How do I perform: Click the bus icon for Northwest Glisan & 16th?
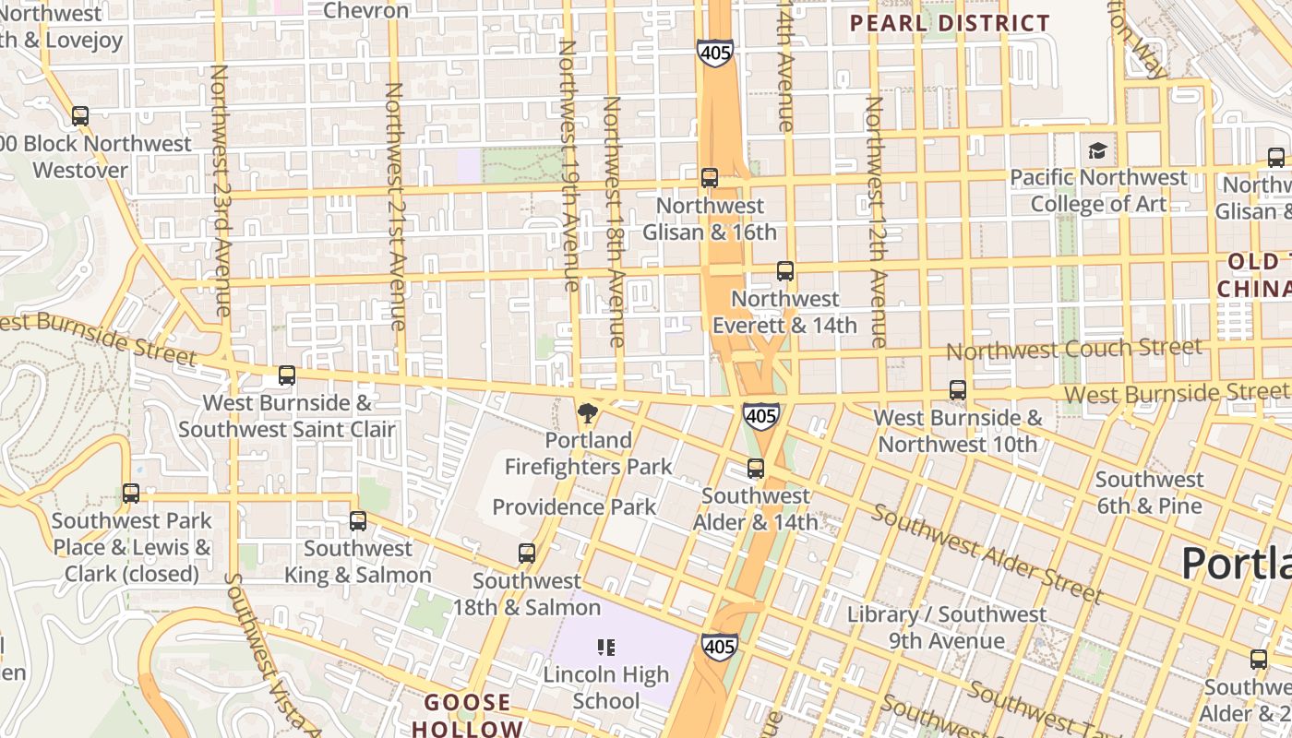tap(710, 178)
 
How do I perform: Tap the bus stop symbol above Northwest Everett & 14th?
tap(785, 271)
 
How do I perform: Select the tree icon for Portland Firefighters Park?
tap(587, 412)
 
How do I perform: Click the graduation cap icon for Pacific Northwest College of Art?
tap(1097, 150)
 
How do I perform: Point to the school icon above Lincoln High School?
tap(606, 648)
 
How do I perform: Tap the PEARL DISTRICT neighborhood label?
tap(950, 23)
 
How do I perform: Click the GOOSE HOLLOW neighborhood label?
tap(473, 715)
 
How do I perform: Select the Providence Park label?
tap(574, 506)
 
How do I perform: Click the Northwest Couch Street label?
tap(1073, 349)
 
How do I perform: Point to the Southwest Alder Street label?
tap(987, 553)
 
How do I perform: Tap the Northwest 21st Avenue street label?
tap(395, 206)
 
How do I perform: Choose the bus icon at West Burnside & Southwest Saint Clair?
tap(287, 375)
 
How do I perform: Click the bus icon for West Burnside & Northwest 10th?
tap(958, 390)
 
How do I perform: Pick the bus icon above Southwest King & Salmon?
tap(358, 521)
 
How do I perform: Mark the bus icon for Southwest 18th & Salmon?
tap(527, 553)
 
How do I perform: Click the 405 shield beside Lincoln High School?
tap(719, 646)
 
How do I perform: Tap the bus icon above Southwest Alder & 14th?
tap(756, 469)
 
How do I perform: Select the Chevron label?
tap(366, 10)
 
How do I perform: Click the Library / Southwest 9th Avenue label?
tap(947, 627)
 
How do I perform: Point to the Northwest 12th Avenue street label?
tap(875, 221)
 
